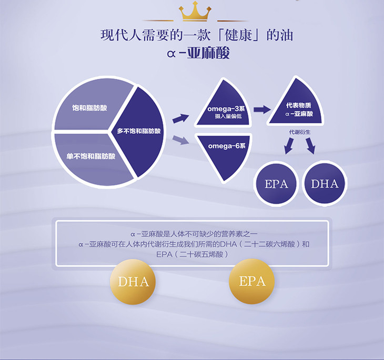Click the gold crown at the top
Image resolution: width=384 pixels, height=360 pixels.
point(195,11)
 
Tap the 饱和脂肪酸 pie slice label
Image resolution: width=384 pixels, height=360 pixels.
point(89,108)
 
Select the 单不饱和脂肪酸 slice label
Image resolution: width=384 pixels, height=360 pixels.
point(91,156)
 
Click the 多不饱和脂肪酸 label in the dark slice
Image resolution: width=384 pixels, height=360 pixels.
point(139,131)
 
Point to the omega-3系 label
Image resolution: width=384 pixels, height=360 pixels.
point(226,109)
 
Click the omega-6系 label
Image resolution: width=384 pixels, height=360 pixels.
point(227,146)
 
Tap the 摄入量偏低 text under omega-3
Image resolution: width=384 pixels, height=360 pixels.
point(228,116)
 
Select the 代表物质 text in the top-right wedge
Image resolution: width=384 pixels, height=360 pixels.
point(299,105)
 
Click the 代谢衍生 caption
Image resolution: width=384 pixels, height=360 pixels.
point(300,132)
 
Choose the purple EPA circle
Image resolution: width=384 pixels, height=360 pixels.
point(276,184)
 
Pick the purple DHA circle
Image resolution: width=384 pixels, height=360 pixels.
point(325,184)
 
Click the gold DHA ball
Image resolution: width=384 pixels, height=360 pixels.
point(133,282)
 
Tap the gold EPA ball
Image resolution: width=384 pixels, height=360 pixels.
point(252,281)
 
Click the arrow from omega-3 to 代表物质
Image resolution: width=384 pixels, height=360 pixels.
point(262,109)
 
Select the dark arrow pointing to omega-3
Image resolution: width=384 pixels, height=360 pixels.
point(181,118)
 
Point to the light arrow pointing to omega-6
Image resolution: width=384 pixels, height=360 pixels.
point(181,139)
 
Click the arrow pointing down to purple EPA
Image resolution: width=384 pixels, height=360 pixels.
point(289,146)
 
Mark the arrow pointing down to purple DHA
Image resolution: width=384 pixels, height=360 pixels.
point(310,146)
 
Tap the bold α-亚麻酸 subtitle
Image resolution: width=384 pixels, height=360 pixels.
point(199,53)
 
